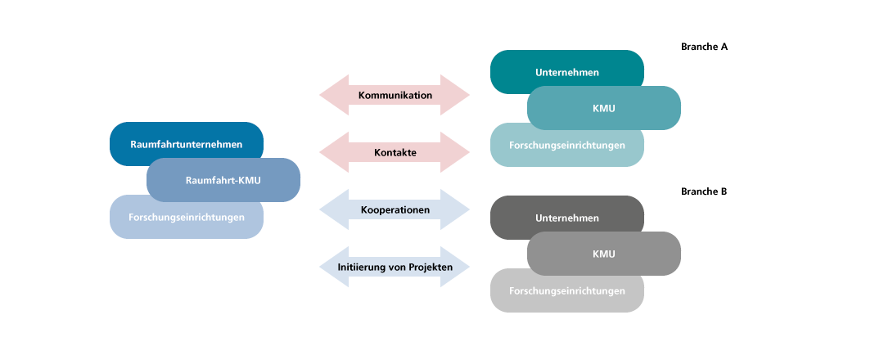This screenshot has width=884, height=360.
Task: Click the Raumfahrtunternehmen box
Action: tap(186, 144)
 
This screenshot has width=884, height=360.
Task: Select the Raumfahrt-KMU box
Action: tap(223, 180)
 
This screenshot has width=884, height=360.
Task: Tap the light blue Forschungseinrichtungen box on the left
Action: tap(186, 217)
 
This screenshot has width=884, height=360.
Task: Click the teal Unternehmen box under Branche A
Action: tap(566, 72)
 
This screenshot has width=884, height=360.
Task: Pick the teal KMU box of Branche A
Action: tap(603, 108)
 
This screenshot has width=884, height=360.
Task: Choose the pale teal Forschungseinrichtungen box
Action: tap(566, 145)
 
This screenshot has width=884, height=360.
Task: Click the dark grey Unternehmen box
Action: tap(566, 218)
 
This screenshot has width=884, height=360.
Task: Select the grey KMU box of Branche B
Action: tap(603, 254)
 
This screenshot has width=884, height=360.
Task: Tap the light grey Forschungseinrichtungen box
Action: tap(566, 290)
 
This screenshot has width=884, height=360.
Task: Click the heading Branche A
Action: tap(704, 47)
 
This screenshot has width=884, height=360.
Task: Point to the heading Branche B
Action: tap(704, 191)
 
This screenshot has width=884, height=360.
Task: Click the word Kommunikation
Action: tap(395, 95)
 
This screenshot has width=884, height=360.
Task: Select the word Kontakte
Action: tap(395, 152)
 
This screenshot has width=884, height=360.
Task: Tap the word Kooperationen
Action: tap(395, 209)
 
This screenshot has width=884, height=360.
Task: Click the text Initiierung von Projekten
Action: tap(395, 267)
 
